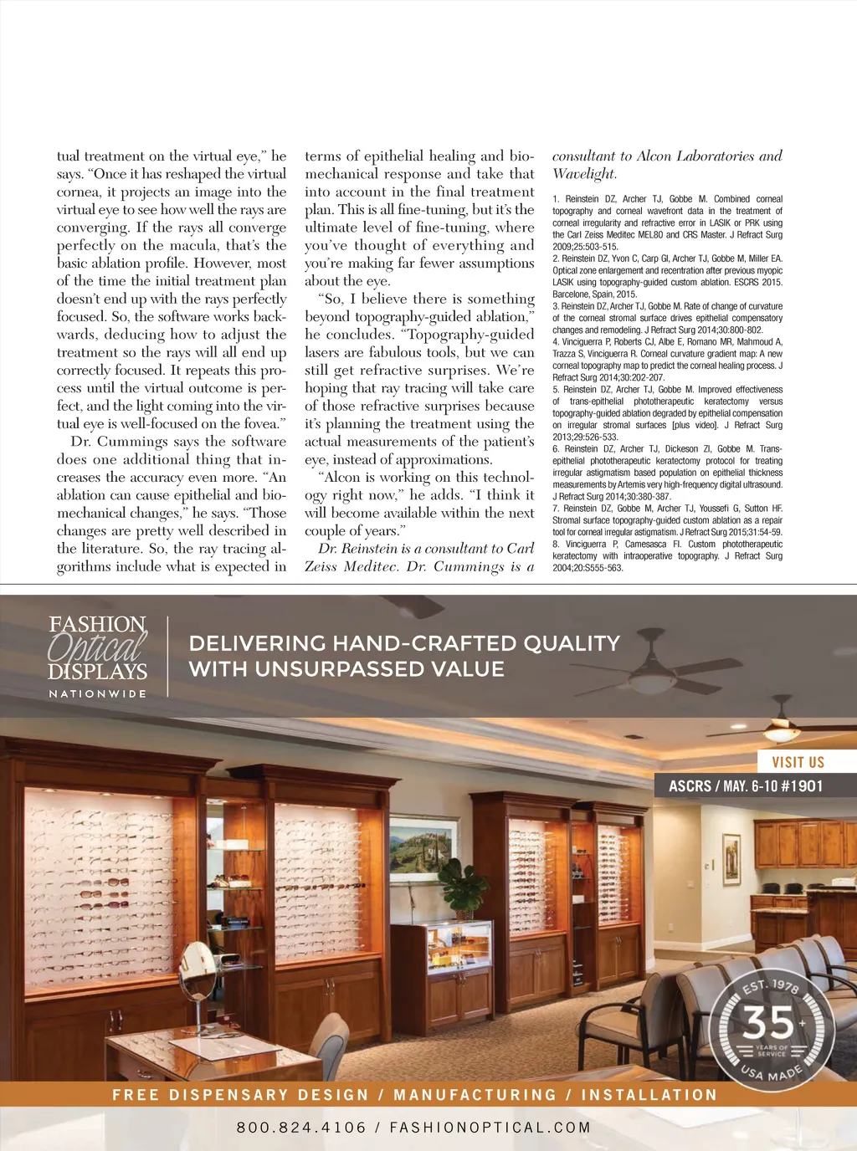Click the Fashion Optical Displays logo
pos(97,648)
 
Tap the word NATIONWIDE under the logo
pos(97,693)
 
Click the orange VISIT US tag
pos(798,762)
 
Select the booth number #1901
pos(801,786)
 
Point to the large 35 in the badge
pos(768,1021)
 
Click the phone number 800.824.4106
pos(301,1128)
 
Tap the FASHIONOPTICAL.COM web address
pos(490,1128)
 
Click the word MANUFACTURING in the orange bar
pos(475,1095)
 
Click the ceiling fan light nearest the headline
pos(652,683)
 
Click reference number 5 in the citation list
pos(556,390)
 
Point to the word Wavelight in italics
pos(583,174)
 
